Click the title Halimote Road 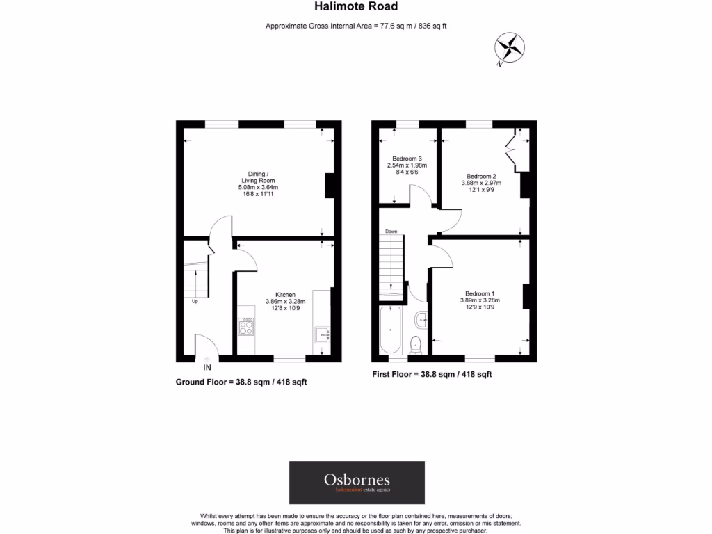(x=356, y=6)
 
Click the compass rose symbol (x=509, y=49)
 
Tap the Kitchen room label (x=285, y=295)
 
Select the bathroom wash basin (x=420, y=321)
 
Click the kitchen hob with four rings (x=246, y=326)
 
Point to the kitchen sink (x=323, y=335)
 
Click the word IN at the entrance (x=207, y=367)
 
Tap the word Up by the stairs (x=195, y=301)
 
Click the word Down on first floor (x=391, y=231)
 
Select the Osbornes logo (x=357, y=483)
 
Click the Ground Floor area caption (x=241, y=382)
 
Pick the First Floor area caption (x=432, y=374)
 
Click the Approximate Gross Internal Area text (x=356, y=26)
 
